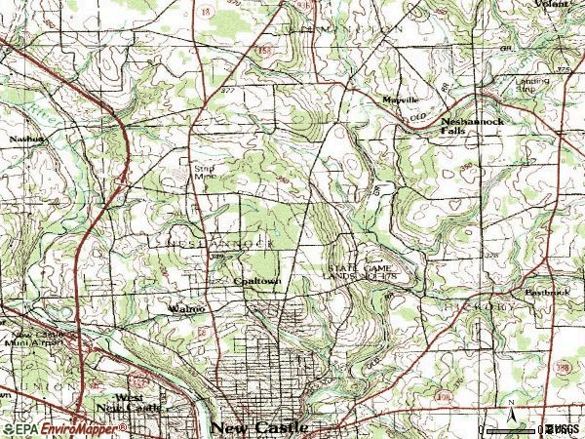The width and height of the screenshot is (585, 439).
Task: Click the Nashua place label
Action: (29, 140)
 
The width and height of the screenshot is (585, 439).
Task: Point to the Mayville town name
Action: (399, 100)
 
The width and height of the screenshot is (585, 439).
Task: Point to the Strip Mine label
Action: (202, 172)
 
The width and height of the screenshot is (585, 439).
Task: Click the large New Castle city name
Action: (259, 427)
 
